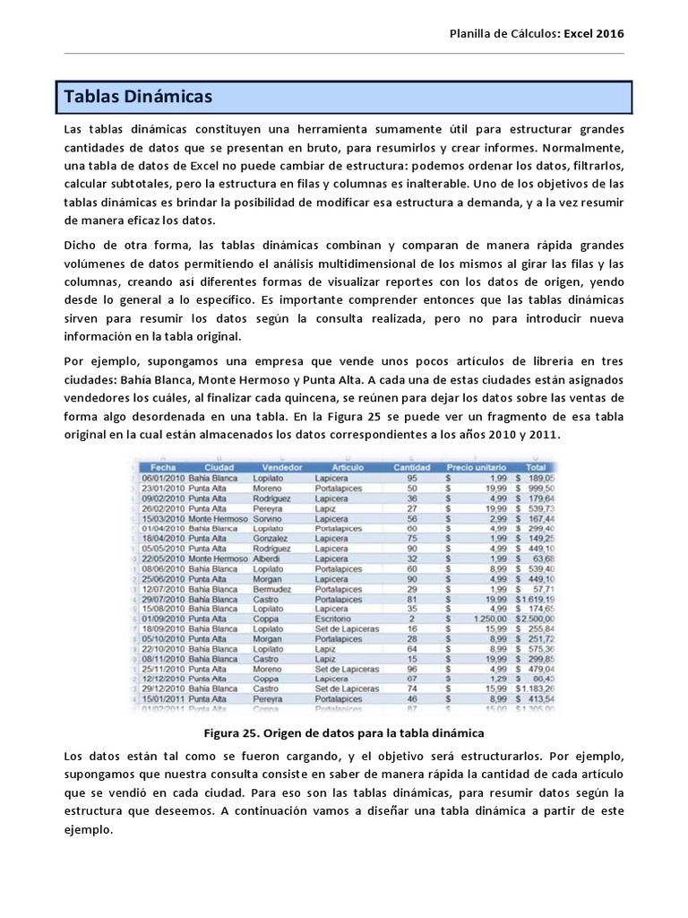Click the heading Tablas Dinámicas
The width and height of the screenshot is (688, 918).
(x=135, y=96)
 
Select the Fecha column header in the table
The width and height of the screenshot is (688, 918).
(x=163, y=467)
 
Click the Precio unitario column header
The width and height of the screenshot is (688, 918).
(x=476, y=467)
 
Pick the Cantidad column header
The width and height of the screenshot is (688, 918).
(x=413, y=467)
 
